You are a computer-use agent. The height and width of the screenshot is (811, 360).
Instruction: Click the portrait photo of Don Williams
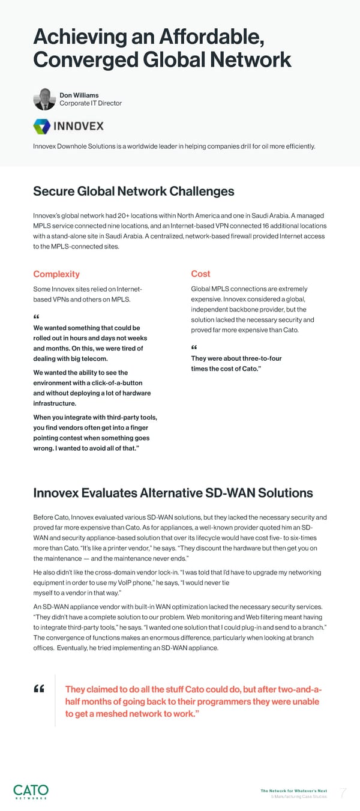(44, 99)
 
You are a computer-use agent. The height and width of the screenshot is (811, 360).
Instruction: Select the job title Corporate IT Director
(91, 103)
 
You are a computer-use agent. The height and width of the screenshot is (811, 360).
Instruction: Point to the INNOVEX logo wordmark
(79, 127)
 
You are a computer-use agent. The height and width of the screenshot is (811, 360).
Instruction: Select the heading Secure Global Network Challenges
(133, 191)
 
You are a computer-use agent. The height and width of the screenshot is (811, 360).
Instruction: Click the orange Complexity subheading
(56, 274)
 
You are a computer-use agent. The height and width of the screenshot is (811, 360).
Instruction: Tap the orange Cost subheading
(200, 274)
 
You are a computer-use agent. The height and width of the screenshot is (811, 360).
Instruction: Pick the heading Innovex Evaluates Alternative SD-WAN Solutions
(173, 493)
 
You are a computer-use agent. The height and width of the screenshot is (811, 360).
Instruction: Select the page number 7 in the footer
(343, 794)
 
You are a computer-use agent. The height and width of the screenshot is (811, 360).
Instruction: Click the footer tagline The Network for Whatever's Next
(294, 791)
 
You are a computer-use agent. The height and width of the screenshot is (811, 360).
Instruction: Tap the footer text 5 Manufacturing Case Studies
(299, 797)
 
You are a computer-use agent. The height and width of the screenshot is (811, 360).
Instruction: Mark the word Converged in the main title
(76, 59)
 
